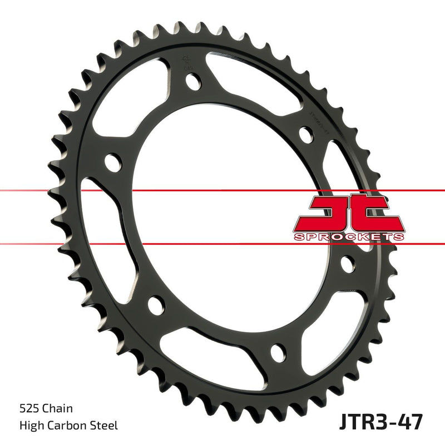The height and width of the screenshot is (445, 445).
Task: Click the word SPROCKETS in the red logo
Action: tap(349, 236)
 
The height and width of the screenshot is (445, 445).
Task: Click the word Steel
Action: tap(106, 426)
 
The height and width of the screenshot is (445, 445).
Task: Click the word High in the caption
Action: tap(35, 426)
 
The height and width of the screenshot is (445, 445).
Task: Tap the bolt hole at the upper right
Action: tap(305, 134)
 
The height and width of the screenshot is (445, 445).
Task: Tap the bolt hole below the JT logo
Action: tap(348, 263)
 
